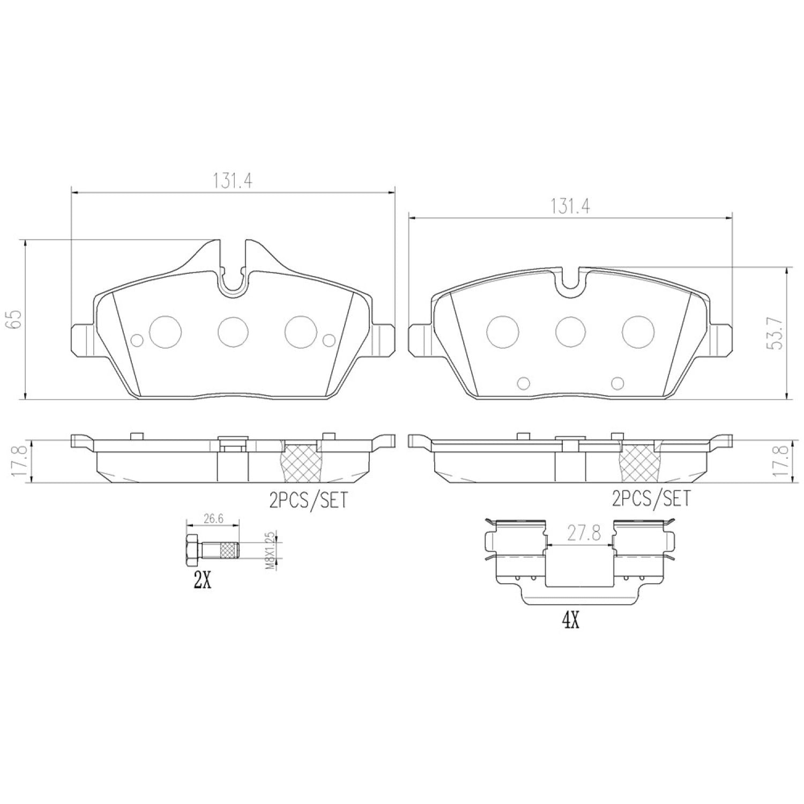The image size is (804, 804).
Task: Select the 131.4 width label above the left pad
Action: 233,181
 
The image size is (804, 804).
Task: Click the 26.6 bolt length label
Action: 212,518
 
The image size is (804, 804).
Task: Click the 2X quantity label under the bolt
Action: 202,581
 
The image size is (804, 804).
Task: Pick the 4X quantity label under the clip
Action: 570,622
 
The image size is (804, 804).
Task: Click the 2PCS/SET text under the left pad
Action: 309,500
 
